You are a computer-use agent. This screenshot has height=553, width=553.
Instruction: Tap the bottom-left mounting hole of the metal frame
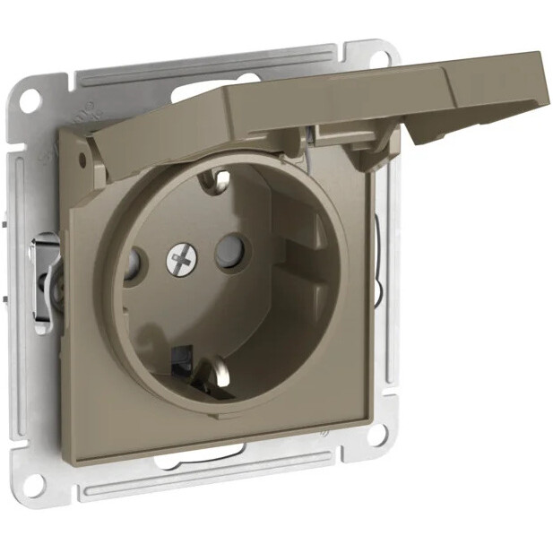[35, 484]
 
